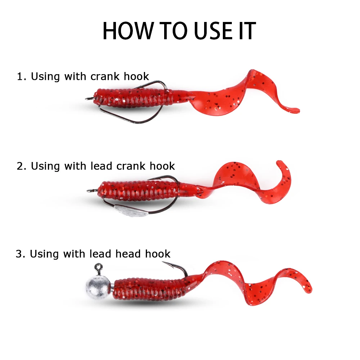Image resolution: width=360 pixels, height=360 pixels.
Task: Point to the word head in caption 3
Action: tap(129, 254)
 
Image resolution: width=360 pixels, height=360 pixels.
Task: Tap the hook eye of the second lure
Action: tap(89, 189)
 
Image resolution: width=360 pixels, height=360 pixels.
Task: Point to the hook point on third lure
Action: tap(163, 263)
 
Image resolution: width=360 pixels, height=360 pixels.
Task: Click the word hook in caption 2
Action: tap(162, 166)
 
